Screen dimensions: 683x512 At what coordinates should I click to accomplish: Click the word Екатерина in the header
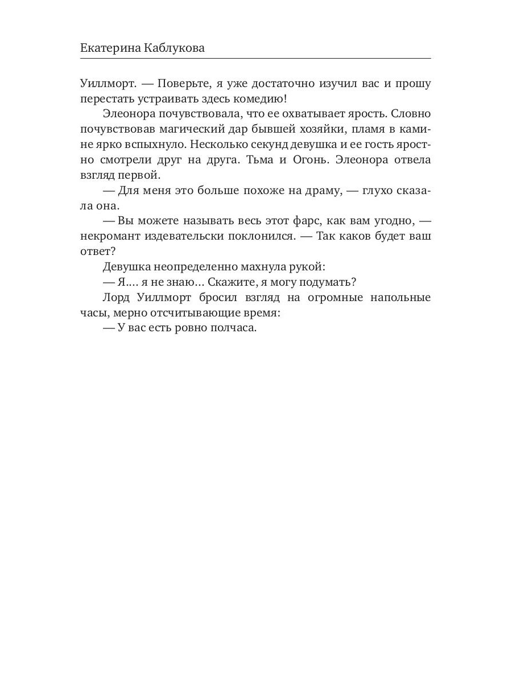[110, 48]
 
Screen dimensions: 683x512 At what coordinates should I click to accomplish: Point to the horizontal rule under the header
[255, 59]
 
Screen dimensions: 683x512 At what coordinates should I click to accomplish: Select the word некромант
[109, 236]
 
